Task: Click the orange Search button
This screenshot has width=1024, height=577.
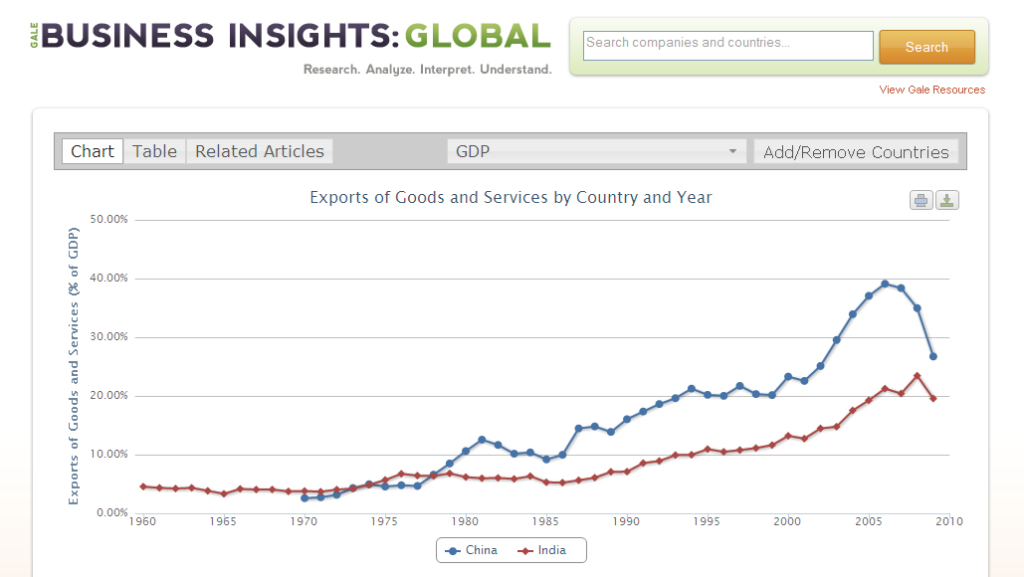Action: pyautogui.click(x=926, y=47)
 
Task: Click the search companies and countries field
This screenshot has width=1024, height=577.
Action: pyautogui.click(x=727, y=45)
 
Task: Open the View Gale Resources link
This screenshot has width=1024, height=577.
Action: pyautogui.click(x=931, y=90)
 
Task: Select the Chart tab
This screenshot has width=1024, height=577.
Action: pyautogui.click(x=93, y=151)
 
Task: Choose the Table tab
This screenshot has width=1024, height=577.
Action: pyautogui.click(x=154, y=151)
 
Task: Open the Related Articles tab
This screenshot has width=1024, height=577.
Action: pyautogui.click(x=260, y=151)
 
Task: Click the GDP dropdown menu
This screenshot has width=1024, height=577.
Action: pyautogui.click(x=596, y=151)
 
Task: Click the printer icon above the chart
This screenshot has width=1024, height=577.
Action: pyautogui.click(x=922, y=200)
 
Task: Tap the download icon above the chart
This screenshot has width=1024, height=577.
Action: pyautogui.click(x=947, y=200)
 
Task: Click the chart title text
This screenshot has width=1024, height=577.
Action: pyautogui.click(x=511, y=197)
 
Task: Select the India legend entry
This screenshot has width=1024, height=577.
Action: pyautogui.click(x=544, y=550)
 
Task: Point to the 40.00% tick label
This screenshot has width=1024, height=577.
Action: pyautogui.click(x=108, y=278)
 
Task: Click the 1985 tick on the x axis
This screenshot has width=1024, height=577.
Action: pyautogui.click(x=545, y=520)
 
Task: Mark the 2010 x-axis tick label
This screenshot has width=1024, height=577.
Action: pyautogui.click(x=949, y=520)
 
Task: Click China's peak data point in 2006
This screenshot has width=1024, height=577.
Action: pyautogui.click(x=885, y=284)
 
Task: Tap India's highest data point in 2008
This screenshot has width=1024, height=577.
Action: pyautogui.click(x=917, y=376)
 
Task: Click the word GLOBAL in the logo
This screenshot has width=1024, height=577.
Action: pyautogui.click(x=477, y=36)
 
